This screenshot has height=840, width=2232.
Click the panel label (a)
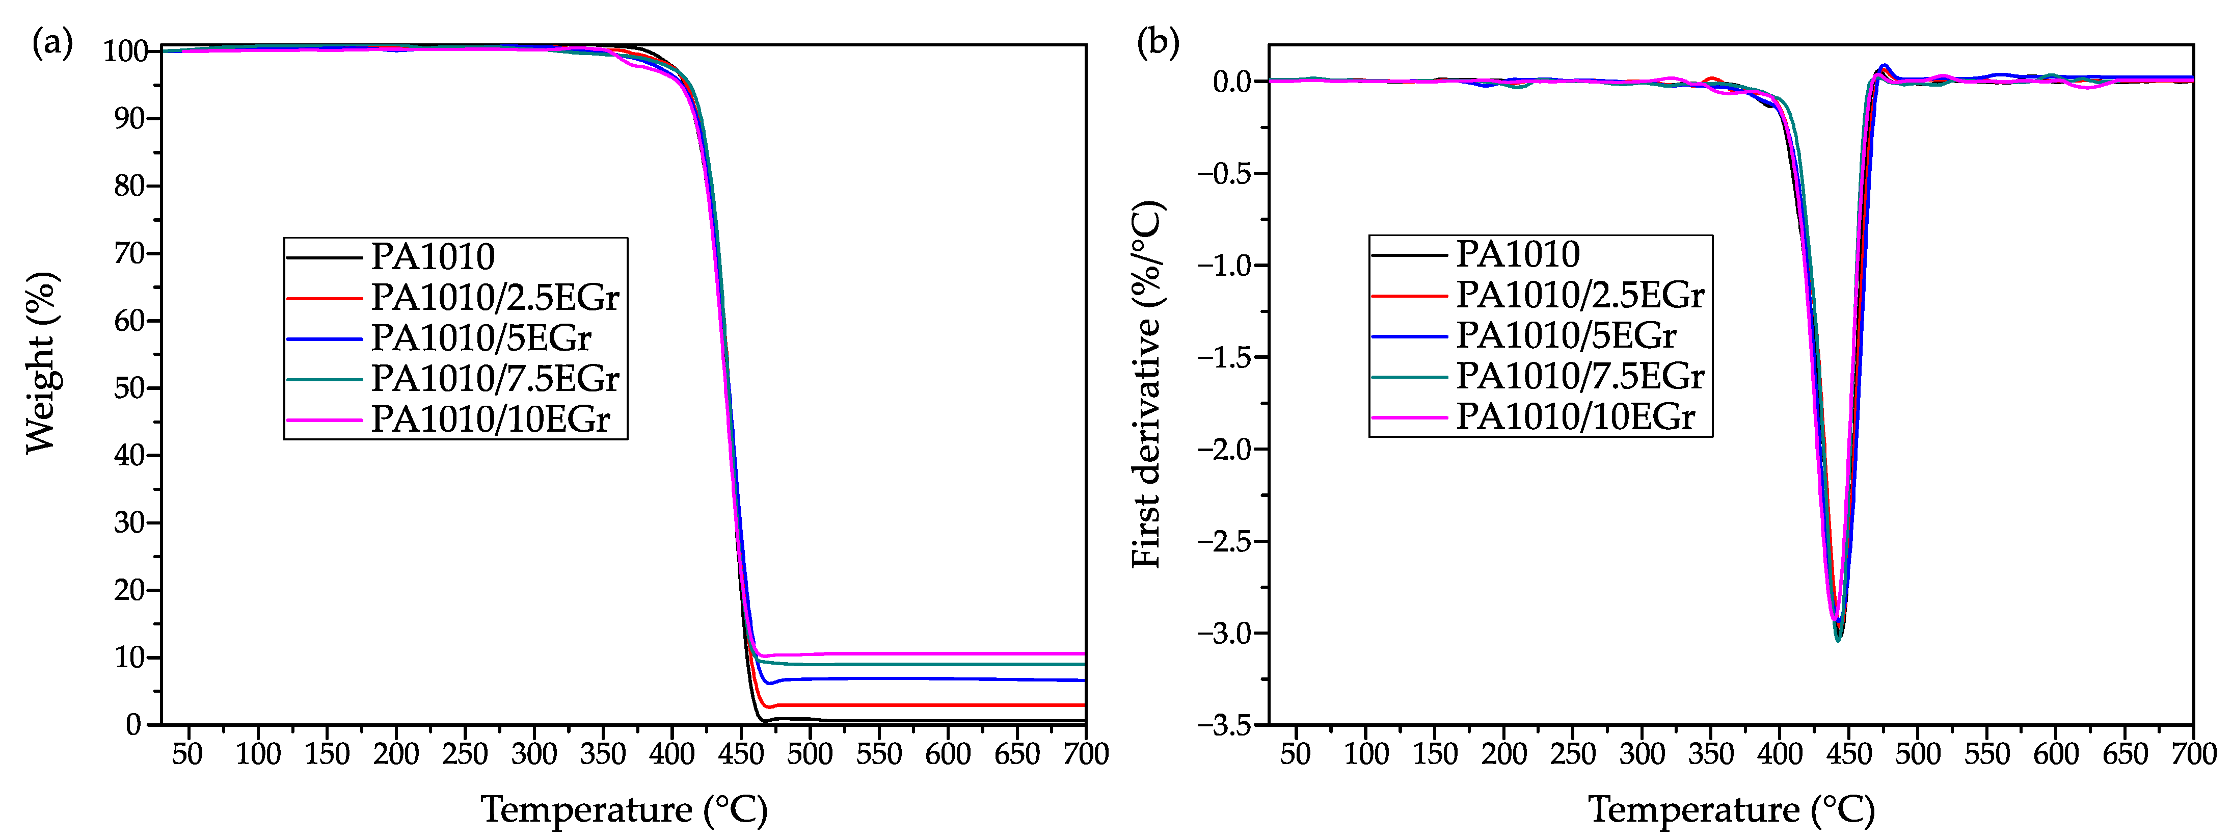[x=52, y=42]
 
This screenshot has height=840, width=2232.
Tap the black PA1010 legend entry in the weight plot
[x=433, y=256]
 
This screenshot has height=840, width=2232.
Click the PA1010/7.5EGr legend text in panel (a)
[x=495, y=379]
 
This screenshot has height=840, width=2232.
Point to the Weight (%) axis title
[x=41, y=362]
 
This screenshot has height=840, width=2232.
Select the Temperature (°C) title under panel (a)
[x=624, y=809]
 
